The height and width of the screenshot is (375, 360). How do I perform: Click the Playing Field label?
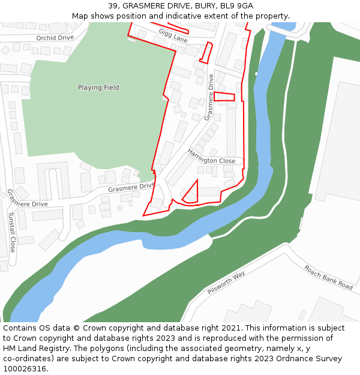98,88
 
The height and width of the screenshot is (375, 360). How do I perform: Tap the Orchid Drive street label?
55,37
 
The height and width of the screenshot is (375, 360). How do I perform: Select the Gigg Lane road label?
173,35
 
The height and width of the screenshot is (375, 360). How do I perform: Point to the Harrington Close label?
211,157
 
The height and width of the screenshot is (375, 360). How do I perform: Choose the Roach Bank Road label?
328,277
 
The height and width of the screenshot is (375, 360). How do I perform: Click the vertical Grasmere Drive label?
210,97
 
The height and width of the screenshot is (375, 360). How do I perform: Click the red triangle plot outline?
191,193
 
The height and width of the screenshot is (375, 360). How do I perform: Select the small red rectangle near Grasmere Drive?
224,96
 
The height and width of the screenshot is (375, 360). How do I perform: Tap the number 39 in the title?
113,6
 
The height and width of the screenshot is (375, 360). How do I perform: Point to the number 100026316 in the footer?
26,369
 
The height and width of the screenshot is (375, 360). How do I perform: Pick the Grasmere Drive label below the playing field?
131,188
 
